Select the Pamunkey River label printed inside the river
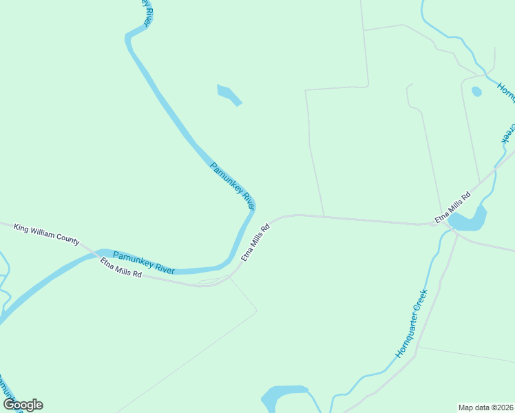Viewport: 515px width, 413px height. [x=143, y=262]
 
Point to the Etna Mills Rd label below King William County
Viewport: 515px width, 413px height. [x=120, y=268]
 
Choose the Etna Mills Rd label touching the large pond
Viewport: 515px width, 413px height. [x=452, y=208]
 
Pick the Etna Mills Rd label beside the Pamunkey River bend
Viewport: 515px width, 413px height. [x=254, y=242]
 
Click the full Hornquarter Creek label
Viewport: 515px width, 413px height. [x=412, y=324]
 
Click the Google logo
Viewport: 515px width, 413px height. [x=23, y=405]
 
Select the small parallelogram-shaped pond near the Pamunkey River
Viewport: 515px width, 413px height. [x=229, y=94]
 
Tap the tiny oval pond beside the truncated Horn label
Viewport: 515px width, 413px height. [x=476, y=91]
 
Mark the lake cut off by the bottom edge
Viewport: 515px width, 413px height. [x=284, y=396]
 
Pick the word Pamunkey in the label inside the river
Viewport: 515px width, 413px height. [x=129, y=258]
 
